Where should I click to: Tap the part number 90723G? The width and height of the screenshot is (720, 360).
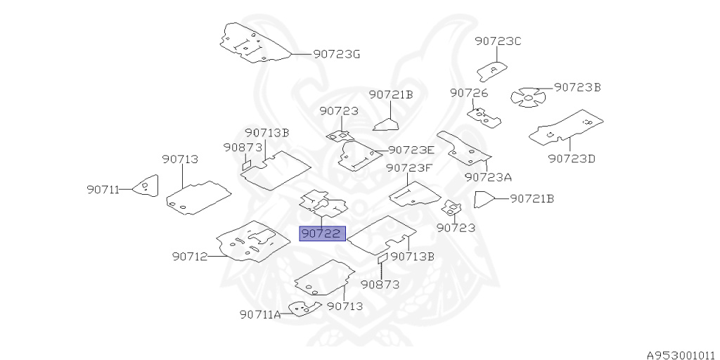336,53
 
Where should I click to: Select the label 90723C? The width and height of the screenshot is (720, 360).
497,41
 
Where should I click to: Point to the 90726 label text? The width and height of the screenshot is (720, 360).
470,93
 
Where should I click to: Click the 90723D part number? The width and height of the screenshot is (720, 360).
571,158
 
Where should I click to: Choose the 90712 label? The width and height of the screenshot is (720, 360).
189,257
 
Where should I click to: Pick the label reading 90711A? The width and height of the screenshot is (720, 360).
259,314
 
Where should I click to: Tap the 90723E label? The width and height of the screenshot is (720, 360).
411,150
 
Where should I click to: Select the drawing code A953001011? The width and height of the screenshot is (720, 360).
681,355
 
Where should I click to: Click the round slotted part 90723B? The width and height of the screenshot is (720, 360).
527,97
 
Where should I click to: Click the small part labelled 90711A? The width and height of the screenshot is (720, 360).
304,309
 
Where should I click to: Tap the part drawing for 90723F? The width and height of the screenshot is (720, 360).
415,193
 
